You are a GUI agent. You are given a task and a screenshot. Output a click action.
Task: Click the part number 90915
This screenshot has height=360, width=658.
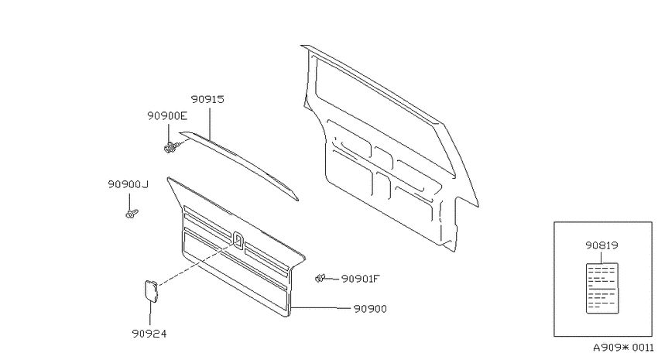(207, 99)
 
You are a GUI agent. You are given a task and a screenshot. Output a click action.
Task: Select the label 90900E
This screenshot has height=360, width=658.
(167, 116)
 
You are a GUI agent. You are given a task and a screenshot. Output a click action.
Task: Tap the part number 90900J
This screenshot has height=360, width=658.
(128, 184)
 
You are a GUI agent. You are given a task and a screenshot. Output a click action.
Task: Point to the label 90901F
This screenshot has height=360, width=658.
(361, 279)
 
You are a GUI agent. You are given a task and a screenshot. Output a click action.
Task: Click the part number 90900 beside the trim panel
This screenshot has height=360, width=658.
(370, 309)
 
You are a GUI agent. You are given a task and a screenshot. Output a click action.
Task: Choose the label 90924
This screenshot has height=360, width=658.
(149, 334)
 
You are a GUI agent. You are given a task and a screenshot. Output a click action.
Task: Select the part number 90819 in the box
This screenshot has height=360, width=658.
(602, 245)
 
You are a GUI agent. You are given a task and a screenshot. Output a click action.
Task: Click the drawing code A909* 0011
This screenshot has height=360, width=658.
(623, 348)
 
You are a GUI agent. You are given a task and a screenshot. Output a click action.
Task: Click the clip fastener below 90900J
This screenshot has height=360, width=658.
(132, 214)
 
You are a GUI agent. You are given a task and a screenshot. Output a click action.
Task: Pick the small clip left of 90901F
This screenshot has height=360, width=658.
(320, 278)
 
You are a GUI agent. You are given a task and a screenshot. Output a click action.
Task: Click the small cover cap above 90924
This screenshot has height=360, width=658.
(151, 291)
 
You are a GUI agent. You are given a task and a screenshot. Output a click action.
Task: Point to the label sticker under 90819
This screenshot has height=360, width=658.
(602, 288)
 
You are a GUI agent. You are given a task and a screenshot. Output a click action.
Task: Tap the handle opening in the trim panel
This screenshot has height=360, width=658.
(238, 241)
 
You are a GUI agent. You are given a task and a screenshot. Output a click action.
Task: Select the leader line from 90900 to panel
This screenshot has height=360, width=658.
(320, 308)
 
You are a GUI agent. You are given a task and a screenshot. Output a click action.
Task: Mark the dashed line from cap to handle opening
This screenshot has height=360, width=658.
(197, 263)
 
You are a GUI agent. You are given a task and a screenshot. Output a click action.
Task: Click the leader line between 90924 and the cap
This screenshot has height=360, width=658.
(150, 314)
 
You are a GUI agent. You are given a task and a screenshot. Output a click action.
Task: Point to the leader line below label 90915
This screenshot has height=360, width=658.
(210, 123)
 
